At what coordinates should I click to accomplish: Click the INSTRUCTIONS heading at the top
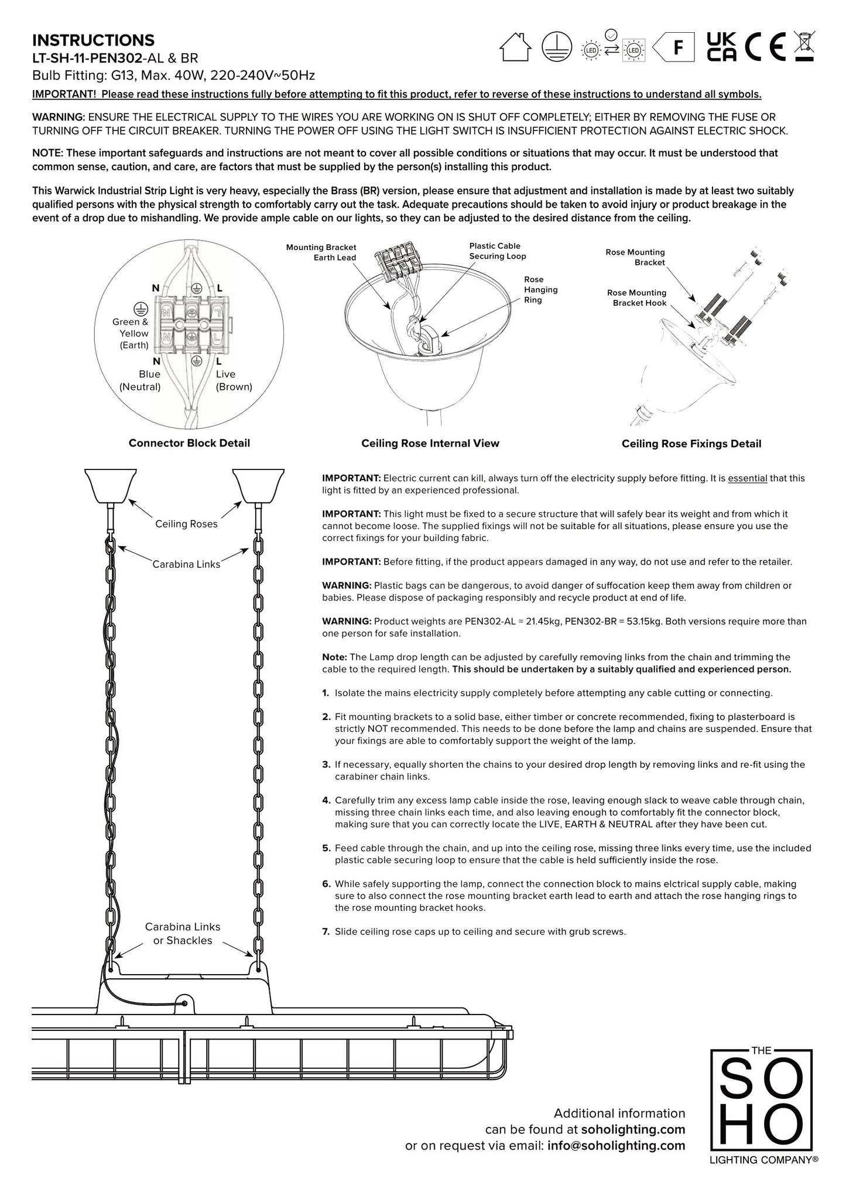point(93,40)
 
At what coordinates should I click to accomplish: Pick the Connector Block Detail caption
point(189,443)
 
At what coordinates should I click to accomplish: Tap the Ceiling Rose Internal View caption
point(430,444)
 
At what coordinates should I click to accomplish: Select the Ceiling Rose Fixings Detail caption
point(691,444)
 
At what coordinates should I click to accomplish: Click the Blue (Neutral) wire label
point(141,381)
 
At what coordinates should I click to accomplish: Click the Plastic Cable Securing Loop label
point(498,251)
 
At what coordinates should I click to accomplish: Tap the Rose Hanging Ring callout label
point(540,290)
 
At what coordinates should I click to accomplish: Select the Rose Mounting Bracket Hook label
point(636,297)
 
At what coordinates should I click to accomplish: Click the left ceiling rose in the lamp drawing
point(111,485)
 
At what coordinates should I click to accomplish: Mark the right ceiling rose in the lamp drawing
point(258,485)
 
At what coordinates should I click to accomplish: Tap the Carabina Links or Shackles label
point(183,934)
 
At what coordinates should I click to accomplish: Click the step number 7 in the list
point(326,931)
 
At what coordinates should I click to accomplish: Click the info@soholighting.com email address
point(616,1146)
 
